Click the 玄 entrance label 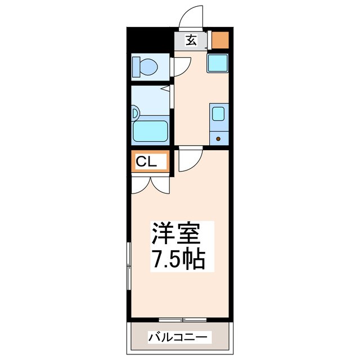pyautogui.click(x=192, y=40)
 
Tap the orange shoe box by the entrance pyautogui.click(x=219, y=40)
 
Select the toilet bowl pyautogui.click(x=148, y=68)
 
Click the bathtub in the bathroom pyautogui.click(x=150, y=131)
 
